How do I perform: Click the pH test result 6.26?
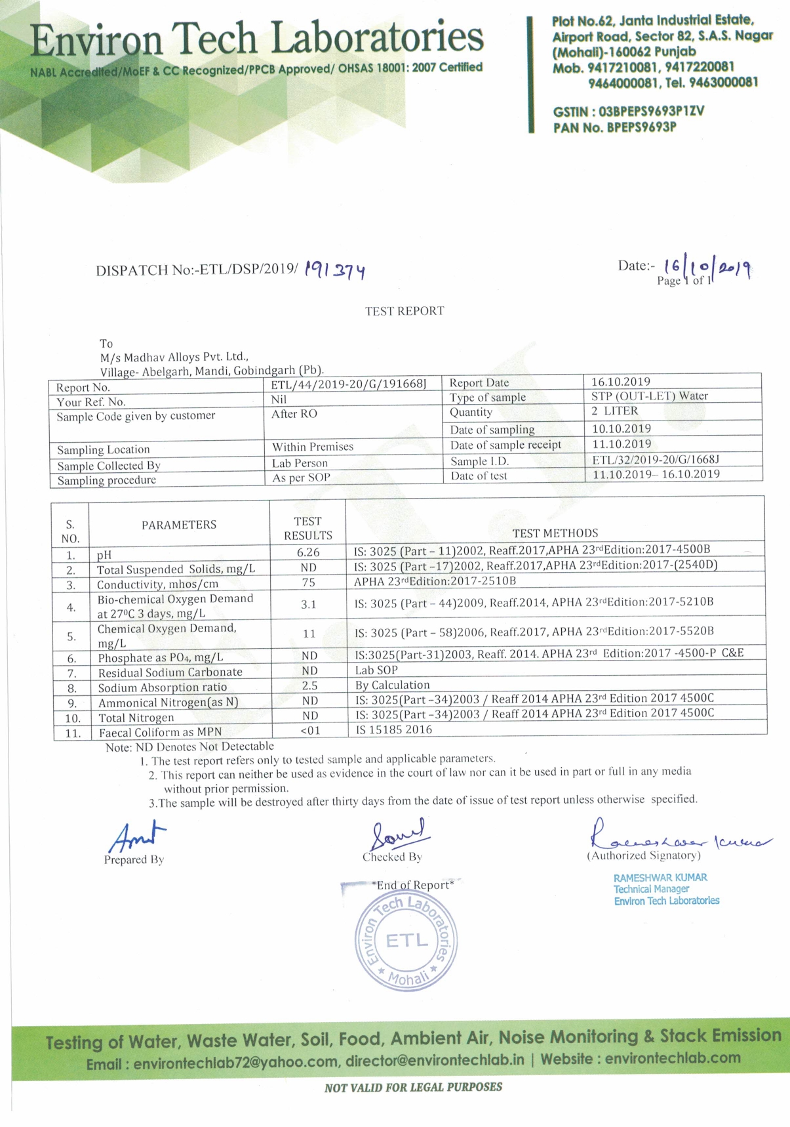(x=308, y=552)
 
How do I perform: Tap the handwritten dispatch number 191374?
(x=334, y=270)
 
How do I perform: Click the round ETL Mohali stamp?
(x=406, y=941)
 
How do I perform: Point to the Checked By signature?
(x=397, y=834)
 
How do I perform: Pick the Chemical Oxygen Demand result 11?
(x=309, y=634)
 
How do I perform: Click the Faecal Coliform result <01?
(x=310, y=730)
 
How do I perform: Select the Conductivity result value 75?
(x=309, y=583)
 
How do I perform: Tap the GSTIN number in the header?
(x=628, y=112)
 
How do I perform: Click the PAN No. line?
(x=614, y=127)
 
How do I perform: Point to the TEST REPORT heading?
(x=405, y=311)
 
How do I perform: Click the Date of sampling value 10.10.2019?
(x=621, y=428)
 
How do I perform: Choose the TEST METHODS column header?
(x=555, y=533)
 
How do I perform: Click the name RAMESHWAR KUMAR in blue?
(x=660, y=877)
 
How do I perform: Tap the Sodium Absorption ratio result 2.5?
(x=309, y=686)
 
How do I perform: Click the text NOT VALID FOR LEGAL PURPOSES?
(x=413, y=1087)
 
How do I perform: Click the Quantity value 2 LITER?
(x=614, y=411)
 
